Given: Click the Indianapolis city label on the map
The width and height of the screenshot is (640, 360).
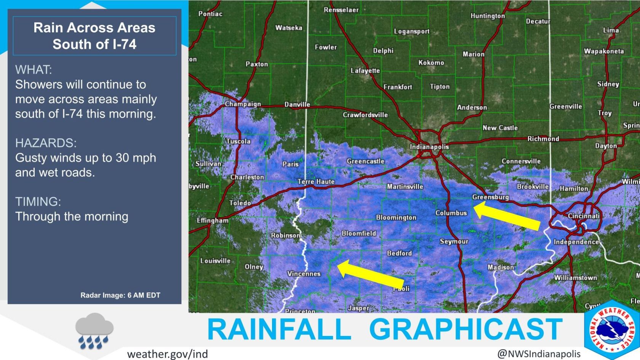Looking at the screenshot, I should coord(429,147).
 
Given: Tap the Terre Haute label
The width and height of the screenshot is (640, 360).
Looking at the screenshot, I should coord(316,182).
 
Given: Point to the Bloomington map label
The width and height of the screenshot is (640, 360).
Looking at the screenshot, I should coord(396,218).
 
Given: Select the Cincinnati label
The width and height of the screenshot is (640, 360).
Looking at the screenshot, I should coord(583,216).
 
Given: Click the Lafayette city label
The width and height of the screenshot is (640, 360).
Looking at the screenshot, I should coord(365,70).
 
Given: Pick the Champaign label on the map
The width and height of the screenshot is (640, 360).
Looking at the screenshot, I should coord(243,104).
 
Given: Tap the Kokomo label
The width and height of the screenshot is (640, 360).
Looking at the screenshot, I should coord(431,62).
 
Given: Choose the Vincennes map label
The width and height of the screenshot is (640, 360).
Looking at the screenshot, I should coord(304,274).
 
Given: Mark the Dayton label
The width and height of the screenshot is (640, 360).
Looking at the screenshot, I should coord(606,146).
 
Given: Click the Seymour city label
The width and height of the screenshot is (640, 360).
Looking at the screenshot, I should coord(454,241).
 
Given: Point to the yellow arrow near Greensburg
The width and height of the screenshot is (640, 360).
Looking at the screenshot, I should coord(506,216).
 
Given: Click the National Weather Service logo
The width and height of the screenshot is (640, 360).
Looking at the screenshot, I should coord(611,330).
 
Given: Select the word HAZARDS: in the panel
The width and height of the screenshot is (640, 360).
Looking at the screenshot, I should coord(46,143).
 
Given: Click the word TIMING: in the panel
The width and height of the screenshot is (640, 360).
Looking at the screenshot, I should coord(38,201).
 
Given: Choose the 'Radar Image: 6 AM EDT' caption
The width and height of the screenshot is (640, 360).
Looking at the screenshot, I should coord(120,295).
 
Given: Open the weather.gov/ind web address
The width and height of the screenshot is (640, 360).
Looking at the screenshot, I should coord(167,354).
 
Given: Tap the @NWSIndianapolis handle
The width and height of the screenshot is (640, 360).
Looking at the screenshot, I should coord(539,354).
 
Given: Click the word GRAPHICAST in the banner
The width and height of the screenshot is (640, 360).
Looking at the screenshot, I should coord(466,329).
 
